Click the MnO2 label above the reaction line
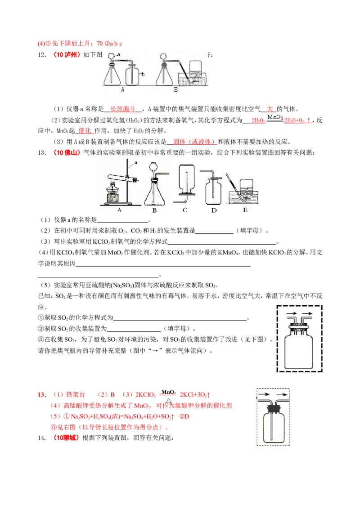[x=275, y=117]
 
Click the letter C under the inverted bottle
[x=185, y=210]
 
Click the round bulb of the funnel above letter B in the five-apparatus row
[x=153, y=169]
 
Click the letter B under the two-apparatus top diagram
[x=176, y=90]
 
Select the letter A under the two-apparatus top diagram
[x=122, y=90]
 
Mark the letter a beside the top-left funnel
[x=119, y=54]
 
